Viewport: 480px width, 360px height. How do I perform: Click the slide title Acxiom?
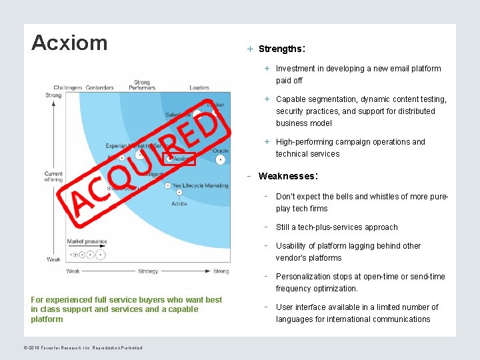(69, 43)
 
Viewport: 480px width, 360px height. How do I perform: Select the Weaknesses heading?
(287, 176)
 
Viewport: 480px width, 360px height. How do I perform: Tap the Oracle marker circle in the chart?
(221, 160)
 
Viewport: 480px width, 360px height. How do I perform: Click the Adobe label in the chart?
(179, 203)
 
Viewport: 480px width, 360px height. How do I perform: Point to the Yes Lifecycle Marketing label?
(200, 185)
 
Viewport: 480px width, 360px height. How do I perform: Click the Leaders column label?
(199, 87)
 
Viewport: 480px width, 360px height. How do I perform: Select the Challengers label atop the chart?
(68, 87)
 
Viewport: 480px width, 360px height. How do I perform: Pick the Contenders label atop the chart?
(99, 87)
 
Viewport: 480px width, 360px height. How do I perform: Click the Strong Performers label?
(142, 85)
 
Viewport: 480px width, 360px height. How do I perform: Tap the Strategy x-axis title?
(148, 271)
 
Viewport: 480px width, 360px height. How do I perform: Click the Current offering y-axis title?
(53, 177)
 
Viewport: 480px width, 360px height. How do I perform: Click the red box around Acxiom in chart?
(179, 159)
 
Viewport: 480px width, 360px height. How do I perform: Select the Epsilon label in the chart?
(215, 105)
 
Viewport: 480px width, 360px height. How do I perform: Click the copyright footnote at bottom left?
(86, 347)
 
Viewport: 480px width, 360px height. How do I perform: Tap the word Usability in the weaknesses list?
(292, 246)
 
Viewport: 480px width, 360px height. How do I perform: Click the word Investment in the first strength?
(295, 69)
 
